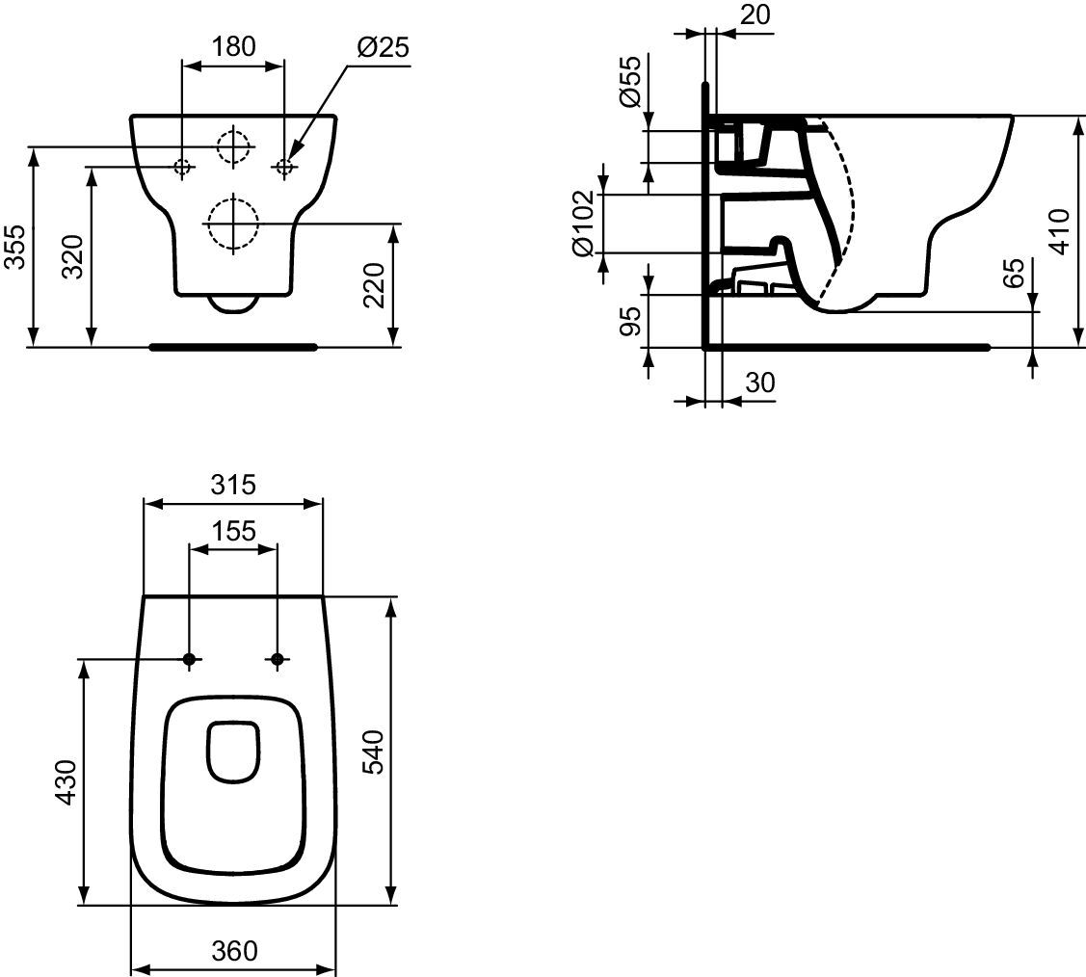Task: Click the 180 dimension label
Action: tap(233, 46)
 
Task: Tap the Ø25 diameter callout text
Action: tap(383, 47)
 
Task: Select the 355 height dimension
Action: tap(15, 246)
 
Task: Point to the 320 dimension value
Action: tap(72, 256)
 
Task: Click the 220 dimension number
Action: tap(374, 284)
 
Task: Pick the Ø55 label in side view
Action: tap(629, 81)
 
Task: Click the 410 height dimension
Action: tap(1059, 231)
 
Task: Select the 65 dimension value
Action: tap(1013, 273)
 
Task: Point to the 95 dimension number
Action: tap(629, 321)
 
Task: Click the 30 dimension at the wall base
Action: tap(760, 383)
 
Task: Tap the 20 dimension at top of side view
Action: tap(755, 13)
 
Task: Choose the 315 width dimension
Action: tap(233, 485)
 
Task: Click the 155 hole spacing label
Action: tap(233, 531)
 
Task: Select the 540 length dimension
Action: tap(374, 752)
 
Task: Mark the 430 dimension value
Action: tap(66, 781)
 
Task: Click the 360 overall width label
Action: tap(234, 951)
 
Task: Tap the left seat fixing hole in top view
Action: tap(189, 659)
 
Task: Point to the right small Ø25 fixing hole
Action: tap(284, 166)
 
